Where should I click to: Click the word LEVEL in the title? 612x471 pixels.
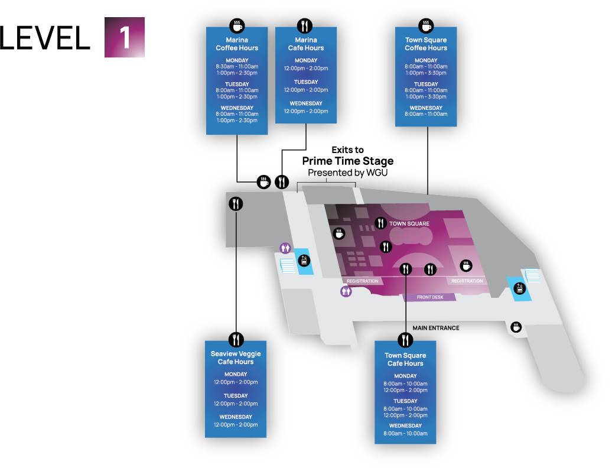pyautogui.click(x=45, y=38)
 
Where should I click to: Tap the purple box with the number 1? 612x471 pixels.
pyautogui.click(x=125, y=38)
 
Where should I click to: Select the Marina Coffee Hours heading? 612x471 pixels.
pyautogui.click(x=237, y=44)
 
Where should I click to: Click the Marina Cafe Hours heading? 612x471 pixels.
pyautogui.click(x=306, y=44)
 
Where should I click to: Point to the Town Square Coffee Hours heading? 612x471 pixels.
pyautogui.click(x=426, y=44)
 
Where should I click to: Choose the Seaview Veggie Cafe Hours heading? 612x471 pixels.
pyautogui.click(x=236, y=358)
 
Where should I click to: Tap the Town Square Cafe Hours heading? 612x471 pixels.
pyautogui.click(x=405, y=359)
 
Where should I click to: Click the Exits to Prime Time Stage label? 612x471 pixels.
pyautogui.click(x=348, y=155)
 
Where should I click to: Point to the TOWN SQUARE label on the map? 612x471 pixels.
pyautogui.click(x=409, y=224)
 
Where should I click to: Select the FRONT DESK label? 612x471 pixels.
pyautogui.click(x=429, y=297)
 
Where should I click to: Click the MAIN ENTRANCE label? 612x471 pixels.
pyautogui.click(x=436, y=327)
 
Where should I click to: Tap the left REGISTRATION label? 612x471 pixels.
pyautogui.click(x=362, y=281)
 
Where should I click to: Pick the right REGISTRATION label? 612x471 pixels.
pyautogui.click(x=467, y=281)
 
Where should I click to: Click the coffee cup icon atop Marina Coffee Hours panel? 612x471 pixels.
pyautogui.click(x=237, y=26)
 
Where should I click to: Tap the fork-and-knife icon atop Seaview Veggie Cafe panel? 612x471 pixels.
pyautogui.click(x=236, y=339)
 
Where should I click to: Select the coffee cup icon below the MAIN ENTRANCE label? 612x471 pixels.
pyautogui.click(x=516, y=327)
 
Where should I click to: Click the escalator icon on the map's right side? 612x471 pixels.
pyautogui.click(x=520, y=289)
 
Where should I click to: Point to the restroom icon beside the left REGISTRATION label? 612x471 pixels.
pyautogui.click(x=346, y=291)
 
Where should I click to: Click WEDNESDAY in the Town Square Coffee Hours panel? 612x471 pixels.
pyautogui.click(x=426, y=108)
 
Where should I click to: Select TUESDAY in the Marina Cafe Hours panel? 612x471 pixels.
pyautogui.click(x=306, y=82)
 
